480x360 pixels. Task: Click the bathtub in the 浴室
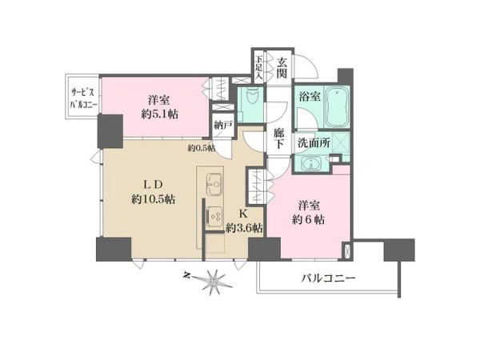tap(337, 106)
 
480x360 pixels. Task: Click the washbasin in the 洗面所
tap(311, 164)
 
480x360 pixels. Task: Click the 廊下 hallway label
tap(278, 138)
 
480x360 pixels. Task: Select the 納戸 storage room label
tap(224, 126)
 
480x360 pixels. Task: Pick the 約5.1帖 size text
tap(159, 114)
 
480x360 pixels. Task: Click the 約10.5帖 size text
tap(154, 199)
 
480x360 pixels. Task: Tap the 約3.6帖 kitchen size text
tap(244, 228)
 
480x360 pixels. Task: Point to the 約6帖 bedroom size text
tap(309, 219)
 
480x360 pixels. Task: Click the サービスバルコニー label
tap(84, 98)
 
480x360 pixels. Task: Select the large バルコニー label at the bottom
tap(329, 278)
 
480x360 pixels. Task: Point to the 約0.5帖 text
tap(201, 149)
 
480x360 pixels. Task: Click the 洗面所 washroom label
tap(314, 142)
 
